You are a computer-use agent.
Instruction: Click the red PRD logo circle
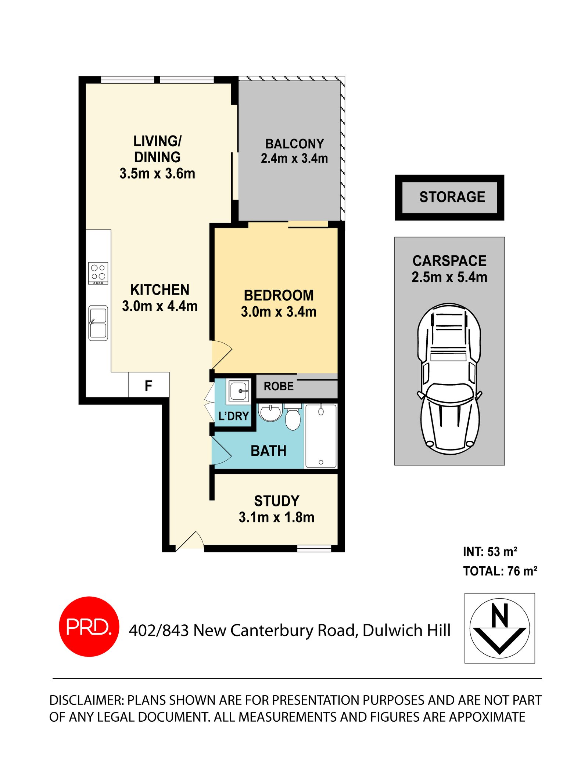tap(89, 626)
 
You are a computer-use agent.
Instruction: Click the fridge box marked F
tap(148, 385)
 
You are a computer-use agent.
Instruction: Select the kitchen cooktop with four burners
tap(98, 273)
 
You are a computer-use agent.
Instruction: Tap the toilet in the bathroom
tap(293, 418)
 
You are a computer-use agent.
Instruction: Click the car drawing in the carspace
tap(449, 378)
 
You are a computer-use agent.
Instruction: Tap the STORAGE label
tap(452, 197)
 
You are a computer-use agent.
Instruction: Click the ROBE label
tap(279, 386)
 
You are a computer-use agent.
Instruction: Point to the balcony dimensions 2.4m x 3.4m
tap(294, 158)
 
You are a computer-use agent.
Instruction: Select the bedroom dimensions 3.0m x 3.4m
tap(279, 311)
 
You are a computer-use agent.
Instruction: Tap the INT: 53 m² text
tap(490, 551)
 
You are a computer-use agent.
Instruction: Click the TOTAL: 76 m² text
tap(499, 571)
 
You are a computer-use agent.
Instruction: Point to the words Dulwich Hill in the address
tap(406, 630)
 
